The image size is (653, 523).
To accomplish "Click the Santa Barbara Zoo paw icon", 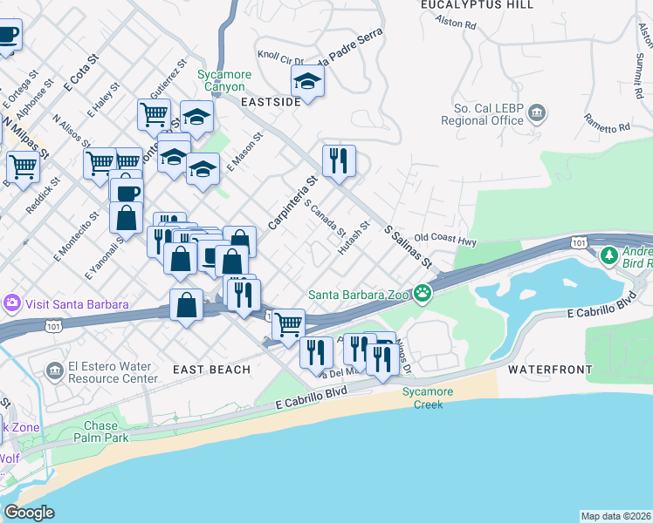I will (423, 293).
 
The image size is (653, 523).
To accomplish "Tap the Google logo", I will (29, 513).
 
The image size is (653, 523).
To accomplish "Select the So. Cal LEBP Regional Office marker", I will (538, 113).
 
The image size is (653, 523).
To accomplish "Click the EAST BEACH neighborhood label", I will (211, 370).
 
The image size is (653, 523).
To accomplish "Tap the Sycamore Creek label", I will (428, 397).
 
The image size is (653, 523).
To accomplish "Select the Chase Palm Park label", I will (107, 431).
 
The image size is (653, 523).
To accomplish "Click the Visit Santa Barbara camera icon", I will (12, 304).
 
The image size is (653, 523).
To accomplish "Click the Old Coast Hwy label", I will (445, 237).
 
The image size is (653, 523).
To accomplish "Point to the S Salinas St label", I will (409, 245).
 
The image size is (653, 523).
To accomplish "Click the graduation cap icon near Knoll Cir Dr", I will (307, 81).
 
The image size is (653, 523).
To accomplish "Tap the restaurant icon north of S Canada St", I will (338, 160).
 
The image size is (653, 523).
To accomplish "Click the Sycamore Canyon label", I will (224, 80).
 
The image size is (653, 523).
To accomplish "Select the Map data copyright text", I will (616, 516).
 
